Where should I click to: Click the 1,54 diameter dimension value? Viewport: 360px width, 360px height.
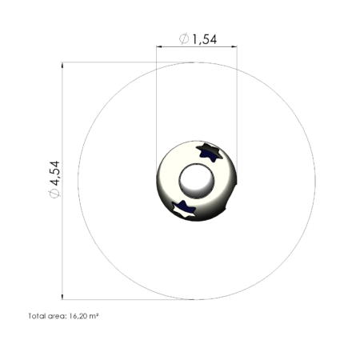coord(204,39)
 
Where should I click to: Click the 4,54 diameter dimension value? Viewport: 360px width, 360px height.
coord(55,173)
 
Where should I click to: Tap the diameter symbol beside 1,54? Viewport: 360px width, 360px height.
coord(184,38)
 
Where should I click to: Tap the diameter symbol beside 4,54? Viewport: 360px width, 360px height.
coord(54,194)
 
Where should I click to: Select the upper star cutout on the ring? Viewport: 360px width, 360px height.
coord(210,152)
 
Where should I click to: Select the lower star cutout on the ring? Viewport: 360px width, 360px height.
coord(183,209)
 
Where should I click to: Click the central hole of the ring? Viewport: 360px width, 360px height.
coord(197,181)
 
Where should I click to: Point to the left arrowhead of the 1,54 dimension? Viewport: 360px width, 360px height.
coord(159,46)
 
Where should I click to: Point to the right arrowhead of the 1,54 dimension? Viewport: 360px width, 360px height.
coord(234,46)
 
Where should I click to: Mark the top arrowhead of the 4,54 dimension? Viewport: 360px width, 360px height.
coord(62,66)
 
